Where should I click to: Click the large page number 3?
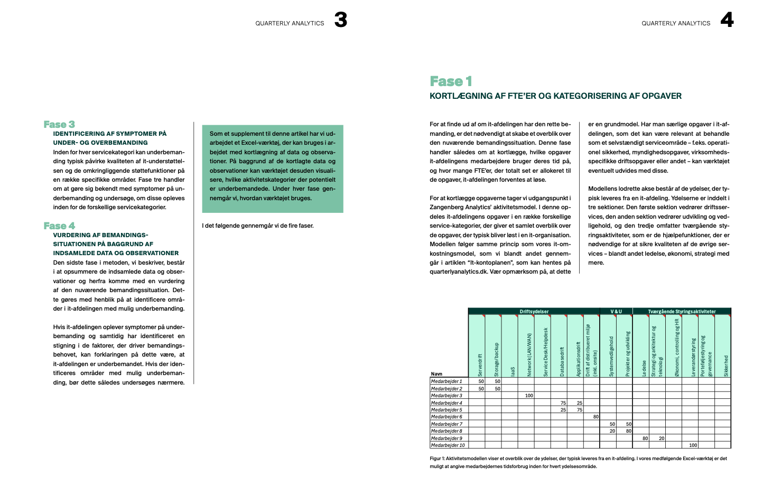341,20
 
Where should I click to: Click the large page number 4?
727,20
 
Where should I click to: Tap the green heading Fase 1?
451,81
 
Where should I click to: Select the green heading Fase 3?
59,125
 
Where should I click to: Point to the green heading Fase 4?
59,226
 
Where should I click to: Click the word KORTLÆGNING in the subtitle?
461,96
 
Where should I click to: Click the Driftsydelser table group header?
534,312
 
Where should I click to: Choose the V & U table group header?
616,312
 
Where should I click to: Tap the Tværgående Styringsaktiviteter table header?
682,312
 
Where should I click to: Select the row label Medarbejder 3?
446,396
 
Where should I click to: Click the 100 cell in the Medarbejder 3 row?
529,396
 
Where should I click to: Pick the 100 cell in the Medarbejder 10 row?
693,445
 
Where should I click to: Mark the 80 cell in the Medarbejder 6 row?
595,417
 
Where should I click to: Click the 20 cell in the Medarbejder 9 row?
661,438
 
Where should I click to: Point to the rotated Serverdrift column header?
480,365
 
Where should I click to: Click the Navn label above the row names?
436,374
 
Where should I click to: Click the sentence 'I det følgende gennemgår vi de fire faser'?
258,226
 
